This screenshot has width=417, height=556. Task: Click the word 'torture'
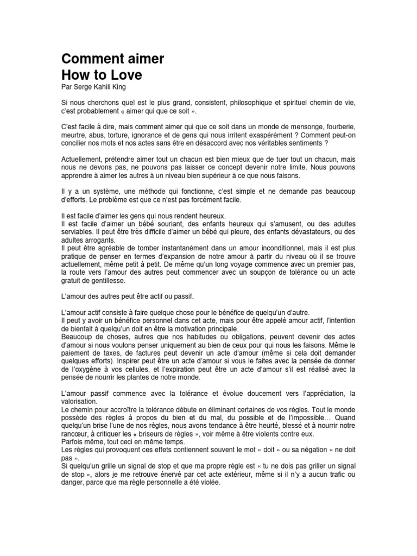coord(117,134)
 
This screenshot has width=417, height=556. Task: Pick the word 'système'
coord(97,192)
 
